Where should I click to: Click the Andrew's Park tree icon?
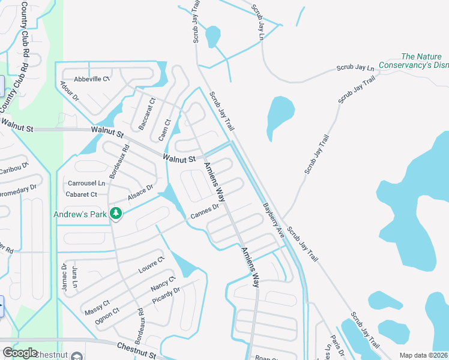116,213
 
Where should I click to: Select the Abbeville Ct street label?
92,79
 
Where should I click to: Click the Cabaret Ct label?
82,194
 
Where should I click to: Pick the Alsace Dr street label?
140,193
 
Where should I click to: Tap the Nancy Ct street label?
163,283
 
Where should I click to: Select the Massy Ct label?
97,310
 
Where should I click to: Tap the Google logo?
20,353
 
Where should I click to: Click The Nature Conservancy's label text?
424,61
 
